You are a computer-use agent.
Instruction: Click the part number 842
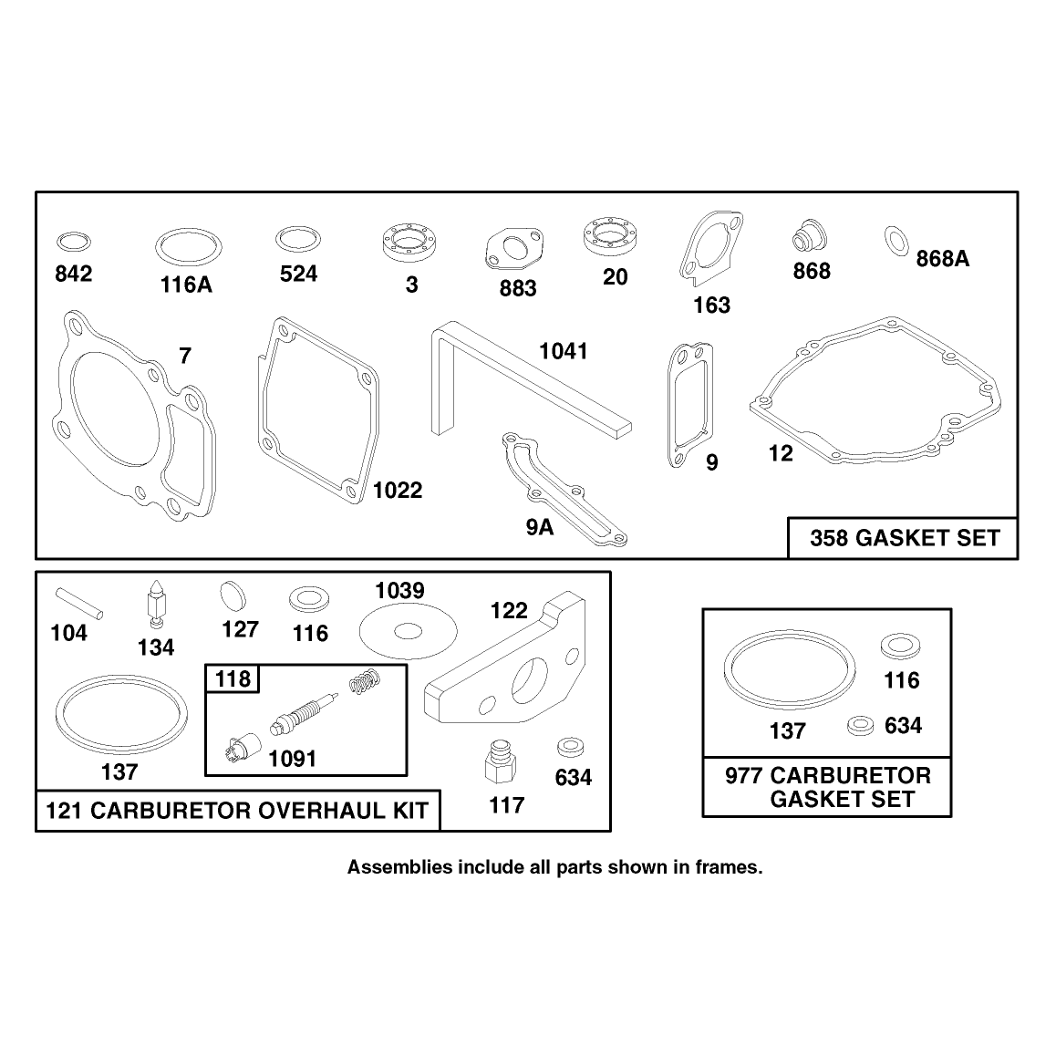pyautogui.click(x=73, y=274)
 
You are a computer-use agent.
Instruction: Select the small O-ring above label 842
pyautogui.click(x=73, y=241)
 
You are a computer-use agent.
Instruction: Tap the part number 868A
pyautogui.click(x=942, y=259)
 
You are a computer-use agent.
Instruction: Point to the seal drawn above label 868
pyautogui.click(x=808, y=234)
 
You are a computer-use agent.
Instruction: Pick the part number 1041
pyautogui.click(x=563, y=351)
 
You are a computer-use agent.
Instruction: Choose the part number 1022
pyautogui.click(x=398, y=491)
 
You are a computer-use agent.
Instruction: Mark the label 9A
pyautogui.click(x=540, y=527)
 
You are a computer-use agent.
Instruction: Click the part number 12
pyautogui.click(x=781, y=453)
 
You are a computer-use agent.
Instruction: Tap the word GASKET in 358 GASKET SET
pyautogui.click(x=906, y=538)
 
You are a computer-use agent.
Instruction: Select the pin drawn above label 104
pyautogui.click(x=79, y=603)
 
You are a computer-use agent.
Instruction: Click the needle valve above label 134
pyautogui.click(x=157, y=604)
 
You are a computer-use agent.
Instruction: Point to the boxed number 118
pyautogui.click(x=233, y=678)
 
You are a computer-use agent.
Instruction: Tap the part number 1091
pyautogui.click(x=293, y=759)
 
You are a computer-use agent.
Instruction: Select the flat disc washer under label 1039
pyautogui.click(x=409, y=631)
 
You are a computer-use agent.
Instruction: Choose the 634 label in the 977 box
pyautogui.click(x=903, y=725)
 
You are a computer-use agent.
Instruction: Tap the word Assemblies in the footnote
pyautogui.click(x=400, y=867)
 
